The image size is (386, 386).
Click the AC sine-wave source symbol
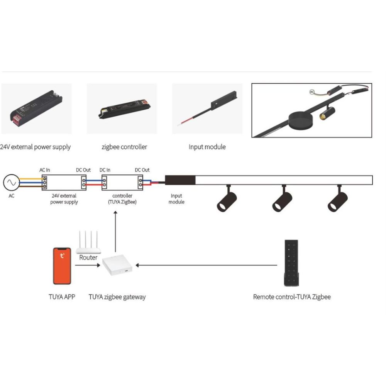(x=11, y=183)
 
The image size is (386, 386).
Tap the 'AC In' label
(x=44, y=170)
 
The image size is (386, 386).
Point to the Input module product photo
(x=207, y=109)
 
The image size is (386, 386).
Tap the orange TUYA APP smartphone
(x=62, y=266)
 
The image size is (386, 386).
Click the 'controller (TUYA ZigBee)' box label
(x=122, y=199)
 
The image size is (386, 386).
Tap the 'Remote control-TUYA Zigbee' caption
(x=291, y=297)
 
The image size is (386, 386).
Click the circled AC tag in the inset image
(x=312, y=92)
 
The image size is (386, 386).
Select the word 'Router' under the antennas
(x=88, y=257)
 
